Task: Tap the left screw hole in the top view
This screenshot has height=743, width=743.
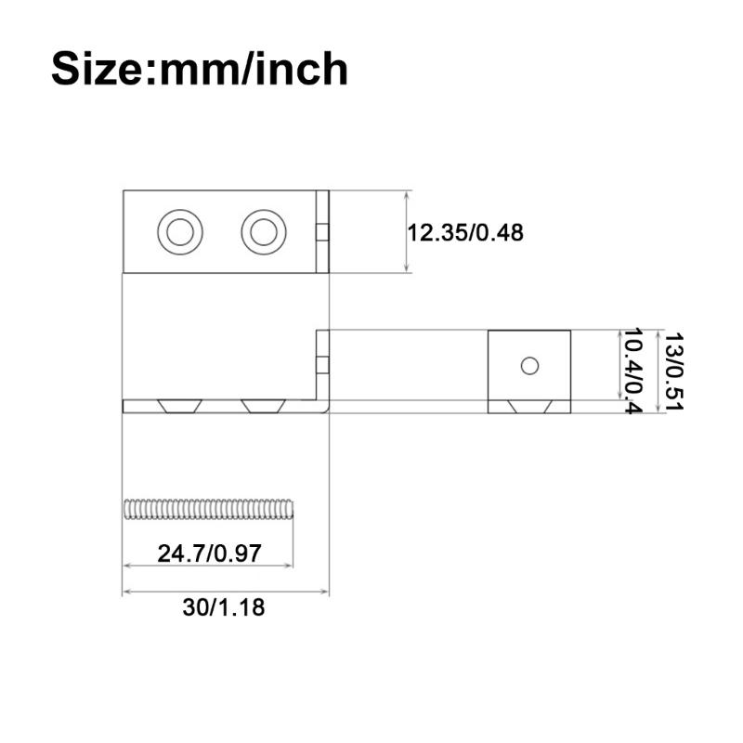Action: tap(179, 230)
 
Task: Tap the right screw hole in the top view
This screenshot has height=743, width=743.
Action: tap(263, 230)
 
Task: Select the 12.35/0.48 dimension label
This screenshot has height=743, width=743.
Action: tap(464, 232)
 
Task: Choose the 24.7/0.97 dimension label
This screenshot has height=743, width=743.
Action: tap(208, 554)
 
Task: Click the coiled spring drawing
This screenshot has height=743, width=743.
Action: tap(208, 509)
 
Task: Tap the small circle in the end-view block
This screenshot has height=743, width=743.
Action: tap(529, 366)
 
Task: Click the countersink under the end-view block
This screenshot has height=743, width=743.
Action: tap(529, 406)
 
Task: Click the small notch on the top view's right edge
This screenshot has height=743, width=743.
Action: tap(322, 232)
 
